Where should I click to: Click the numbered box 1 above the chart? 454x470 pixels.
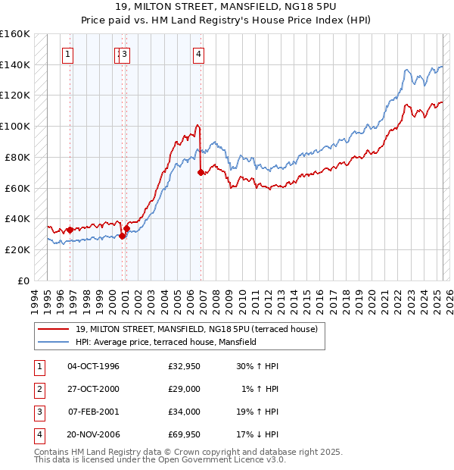[69, 54]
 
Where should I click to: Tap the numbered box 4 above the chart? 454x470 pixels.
[197, 54]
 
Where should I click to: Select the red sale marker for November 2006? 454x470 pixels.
[201, 173]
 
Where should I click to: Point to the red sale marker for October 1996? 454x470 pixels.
[70, 230]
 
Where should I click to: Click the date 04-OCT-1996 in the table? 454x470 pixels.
[94, 366]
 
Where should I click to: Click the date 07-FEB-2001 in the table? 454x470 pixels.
[94, 412]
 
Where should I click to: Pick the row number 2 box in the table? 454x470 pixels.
[38, 389]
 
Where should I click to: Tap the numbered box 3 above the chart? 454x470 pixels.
[124, 54]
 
